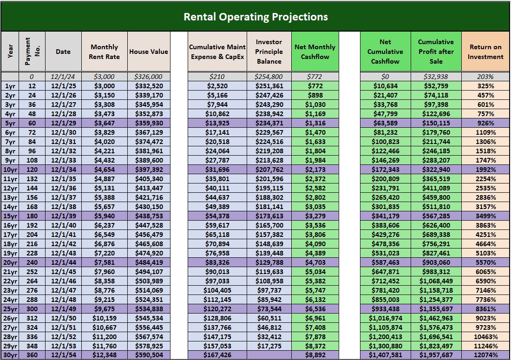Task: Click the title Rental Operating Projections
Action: click(255, 17)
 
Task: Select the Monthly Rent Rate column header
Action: click(105, 52)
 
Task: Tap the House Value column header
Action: click(149, 52)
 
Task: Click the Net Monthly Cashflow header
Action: click(315, 52)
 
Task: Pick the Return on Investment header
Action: click(485, 52)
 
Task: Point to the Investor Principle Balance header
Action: click(269, 52)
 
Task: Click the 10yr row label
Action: click(10, 170)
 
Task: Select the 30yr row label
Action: click(10, 355)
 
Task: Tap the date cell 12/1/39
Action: click(63, 216)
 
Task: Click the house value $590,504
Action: click(149, 355)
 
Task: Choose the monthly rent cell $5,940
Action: click(105, 216)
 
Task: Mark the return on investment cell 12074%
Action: click(485, 355)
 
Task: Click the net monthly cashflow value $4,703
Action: click(315, 263)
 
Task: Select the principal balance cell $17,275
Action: click(269, 346)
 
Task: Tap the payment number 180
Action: click(32, 216)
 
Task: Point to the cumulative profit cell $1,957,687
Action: click(436, 355)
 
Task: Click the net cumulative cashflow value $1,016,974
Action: click(385, 318)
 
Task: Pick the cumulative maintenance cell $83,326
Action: click(217, 263)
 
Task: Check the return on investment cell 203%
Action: click(485, 77)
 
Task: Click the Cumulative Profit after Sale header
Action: click(436, 52)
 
